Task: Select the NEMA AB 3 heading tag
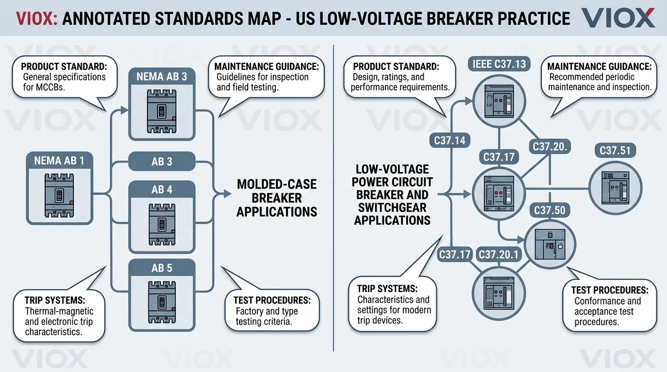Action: click(162, 77)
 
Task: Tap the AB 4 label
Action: click(162, 189)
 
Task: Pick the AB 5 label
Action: click(162, 268)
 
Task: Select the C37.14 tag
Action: click(449, 141)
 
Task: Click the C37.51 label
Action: click(615, 151)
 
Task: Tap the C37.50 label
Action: click(549, 210)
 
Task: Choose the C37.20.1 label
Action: click(498, 254)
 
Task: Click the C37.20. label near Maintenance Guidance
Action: click(550, 146)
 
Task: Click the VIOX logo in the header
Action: click(618, 17)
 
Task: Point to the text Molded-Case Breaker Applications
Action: click(276, 198)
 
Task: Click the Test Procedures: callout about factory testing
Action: click(272, 311)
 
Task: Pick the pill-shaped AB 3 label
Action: click(162, 161)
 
